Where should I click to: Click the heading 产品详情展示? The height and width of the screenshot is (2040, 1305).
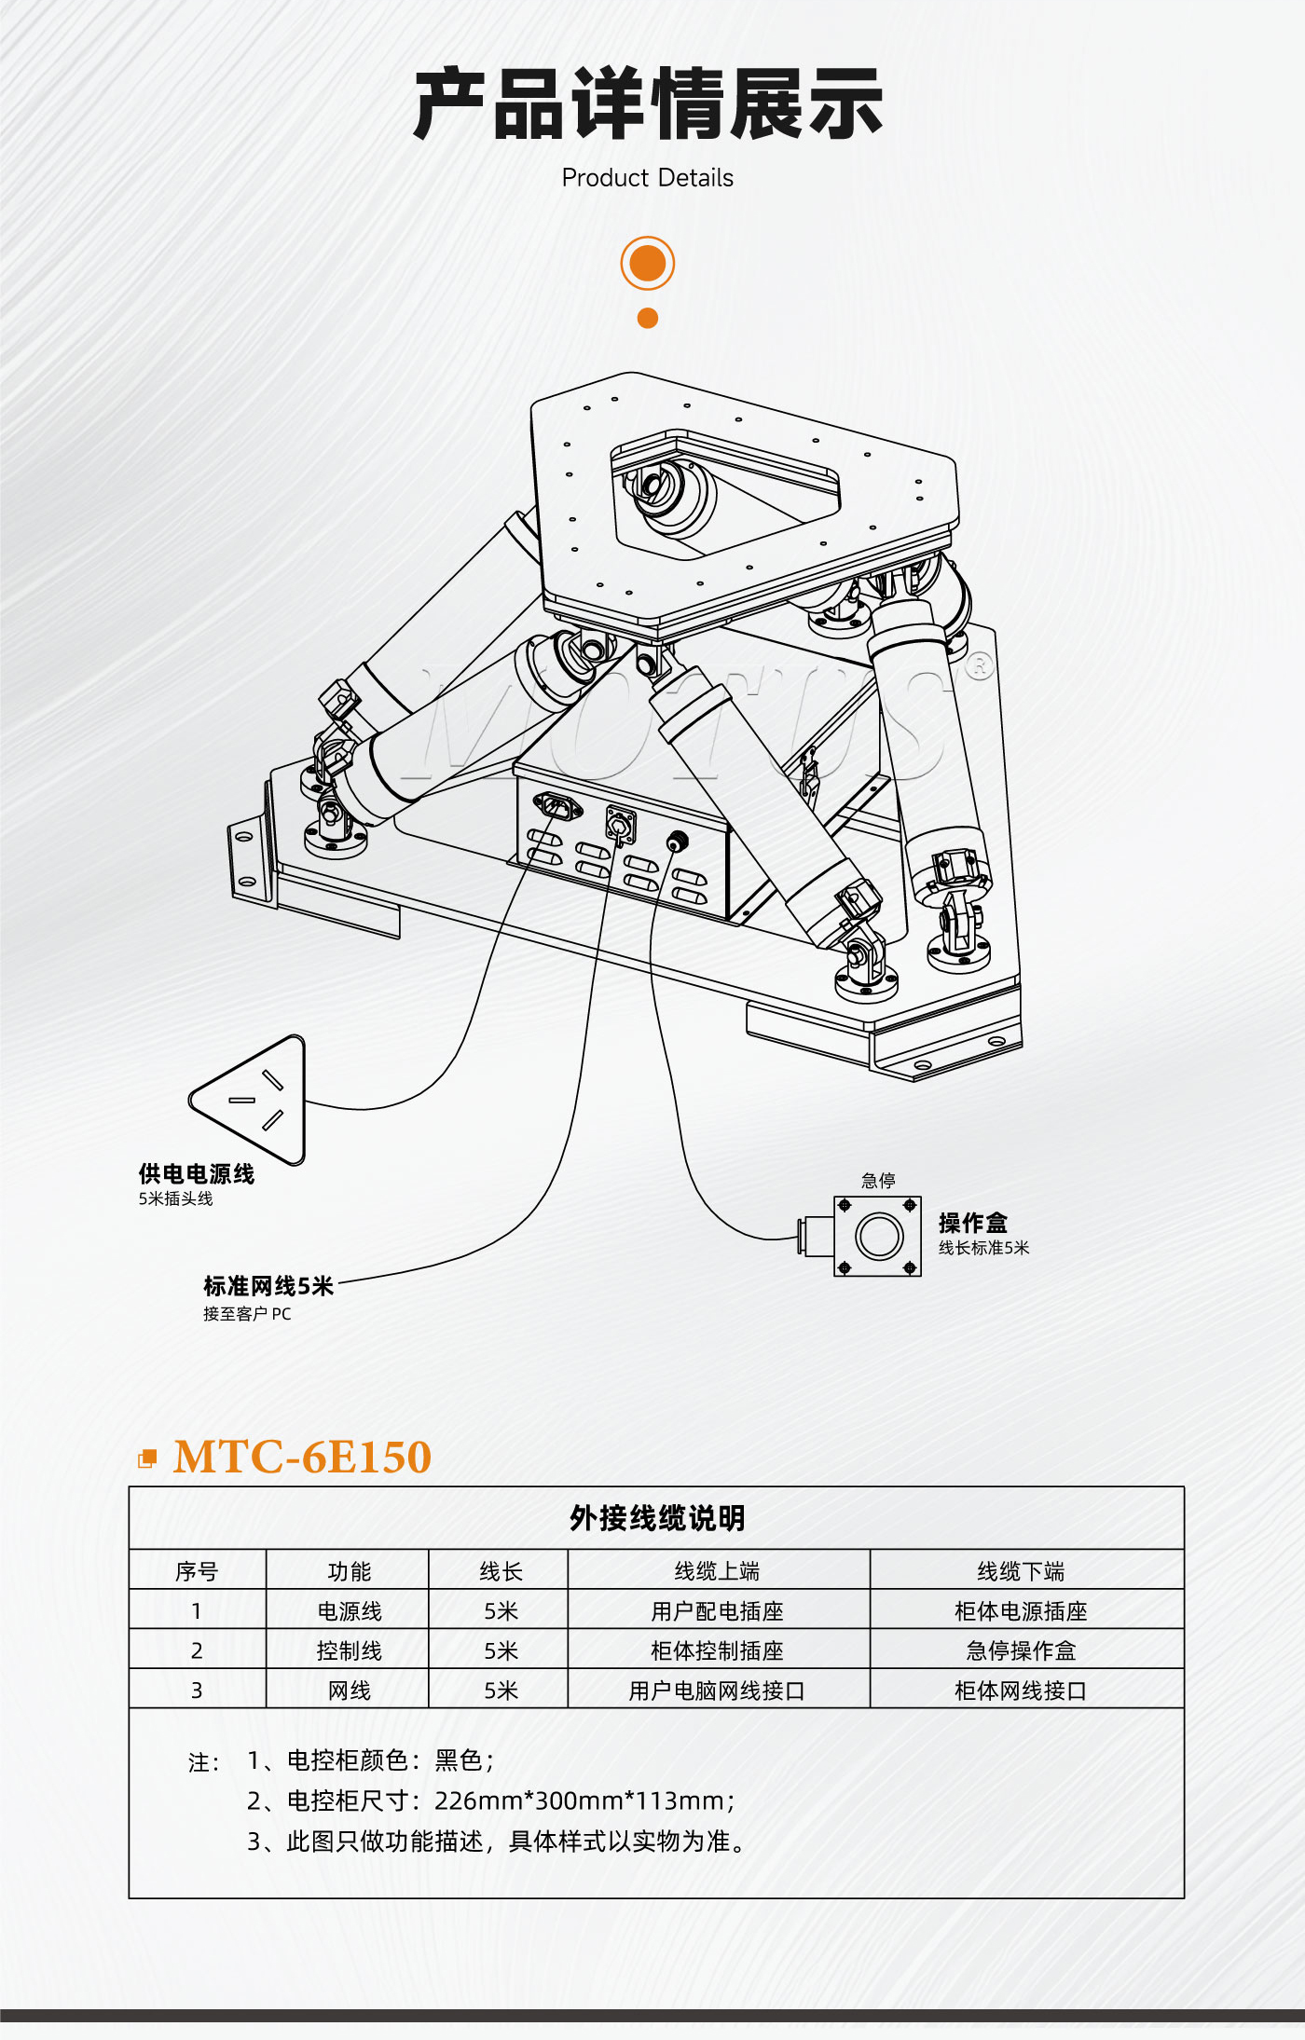pos(648,103)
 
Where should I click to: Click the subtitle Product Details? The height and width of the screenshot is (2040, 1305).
pos(648,178)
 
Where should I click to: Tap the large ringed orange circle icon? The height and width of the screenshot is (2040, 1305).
pos(648,264)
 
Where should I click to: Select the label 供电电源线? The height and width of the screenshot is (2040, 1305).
pos(197,1174)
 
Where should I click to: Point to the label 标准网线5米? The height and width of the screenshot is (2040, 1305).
pos(268,1287)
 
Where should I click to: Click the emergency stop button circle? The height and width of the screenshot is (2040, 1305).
pos(878,1237)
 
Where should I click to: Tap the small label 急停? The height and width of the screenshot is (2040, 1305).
pos(878,1181)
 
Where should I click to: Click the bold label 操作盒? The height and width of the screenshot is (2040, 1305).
pos(973,1223)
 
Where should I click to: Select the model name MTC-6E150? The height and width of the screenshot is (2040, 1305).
pos(302,1458)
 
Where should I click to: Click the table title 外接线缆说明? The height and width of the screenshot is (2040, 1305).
pos(657,1518)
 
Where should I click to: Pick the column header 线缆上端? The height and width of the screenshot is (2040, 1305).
pos(718,1571)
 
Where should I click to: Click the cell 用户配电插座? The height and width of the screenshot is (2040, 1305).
pos(718,1611)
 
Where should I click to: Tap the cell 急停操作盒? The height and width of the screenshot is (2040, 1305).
pos(1022,1651)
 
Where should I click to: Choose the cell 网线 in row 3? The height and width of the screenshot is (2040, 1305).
pos(350,1691)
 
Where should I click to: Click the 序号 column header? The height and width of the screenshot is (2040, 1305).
pos(197,1571)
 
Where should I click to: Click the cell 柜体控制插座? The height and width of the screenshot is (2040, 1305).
pos(718,1651)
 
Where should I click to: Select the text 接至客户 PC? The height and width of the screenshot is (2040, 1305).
pos(247,1314)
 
